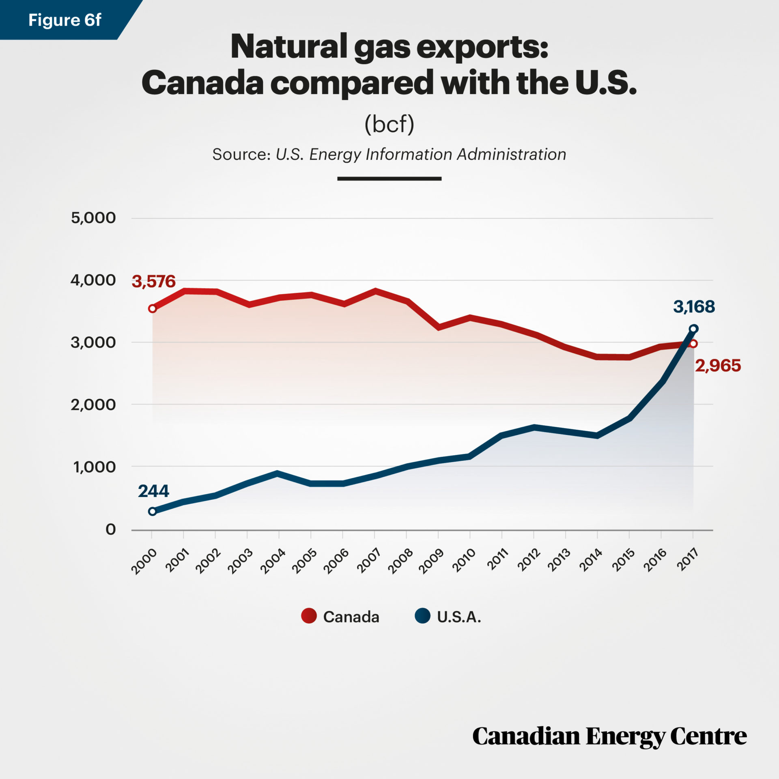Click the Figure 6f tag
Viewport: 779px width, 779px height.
point(65,20)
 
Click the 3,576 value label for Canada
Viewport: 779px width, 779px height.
point(153,282)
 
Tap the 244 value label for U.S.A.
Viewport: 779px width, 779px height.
point(153,491)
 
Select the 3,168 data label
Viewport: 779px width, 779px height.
point(694,307)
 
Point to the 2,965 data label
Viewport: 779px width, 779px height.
point(718,366)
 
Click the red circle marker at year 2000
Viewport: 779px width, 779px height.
point(152,309)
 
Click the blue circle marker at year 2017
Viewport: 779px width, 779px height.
point(693,329)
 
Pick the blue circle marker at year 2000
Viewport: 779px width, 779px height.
point(152,511)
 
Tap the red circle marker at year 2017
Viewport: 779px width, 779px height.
point(693,344)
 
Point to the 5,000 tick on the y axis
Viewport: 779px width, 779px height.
point(93,218)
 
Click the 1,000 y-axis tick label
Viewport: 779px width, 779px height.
point(94,467)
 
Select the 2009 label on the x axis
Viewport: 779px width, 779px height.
point(431,561)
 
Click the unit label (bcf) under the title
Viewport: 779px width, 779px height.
point(389,124)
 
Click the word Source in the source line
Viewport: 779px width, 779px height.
point(241,155)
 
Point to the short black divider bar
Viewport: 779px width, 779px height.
point(389,179)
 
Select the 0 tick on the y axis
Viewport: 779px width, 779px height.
point(110,529)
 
